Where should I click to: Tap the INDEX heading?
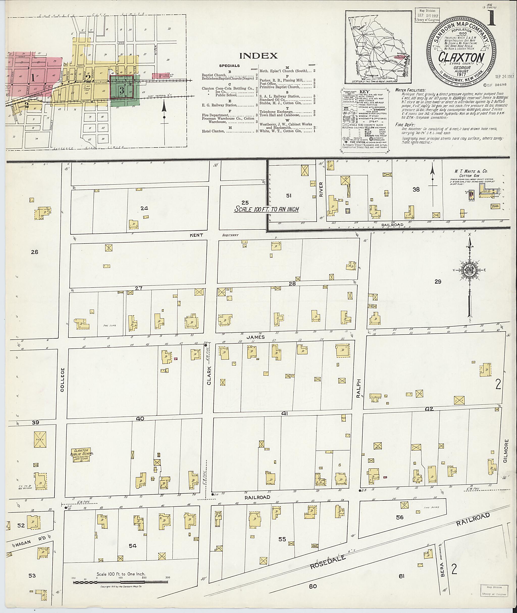[x=258, y=56]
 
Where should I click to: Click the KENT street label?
[x=196, y=235]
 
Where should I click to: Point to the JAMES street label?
[x=255, y=337]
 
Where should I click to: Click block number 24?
[x=144, y=208]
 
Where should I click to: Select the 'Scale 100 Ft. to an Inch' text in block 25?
[x=266, y=209]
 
